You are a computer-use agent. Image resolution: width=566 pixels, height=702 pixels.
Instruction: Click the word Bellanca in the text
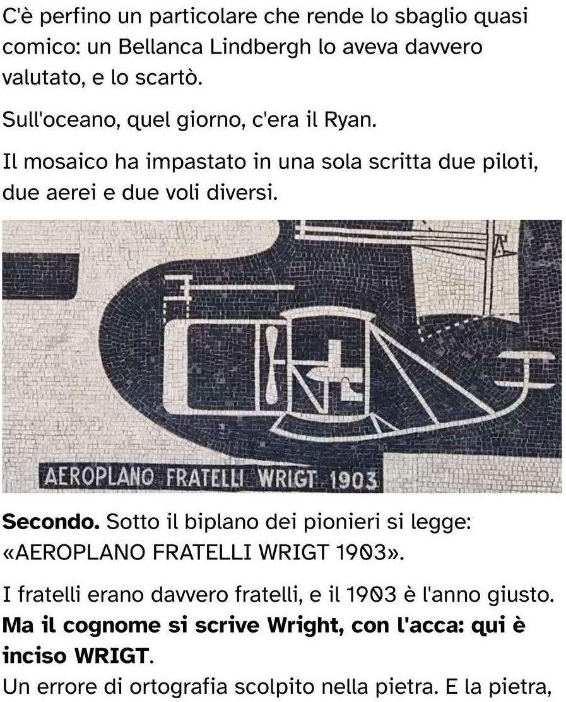(x=160, y=47)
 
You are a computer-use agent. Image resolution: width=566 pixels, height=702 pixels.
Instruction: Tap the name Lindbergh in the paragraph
(x=260, y=47)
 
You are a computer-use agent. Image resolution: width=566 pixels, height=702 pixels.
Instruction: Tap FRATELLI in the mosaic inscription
(x=205, y=478)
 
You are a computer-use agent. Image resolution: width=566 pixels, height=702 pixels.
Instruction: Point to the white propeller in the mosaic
(x=271, y=363)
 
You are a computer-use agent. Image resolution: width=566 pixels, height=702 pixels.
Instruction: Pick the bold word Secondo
(x=51, y=522)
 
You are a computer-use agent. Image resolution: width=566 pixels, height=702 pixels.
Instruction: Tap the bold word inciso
(x=35, y=656)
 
